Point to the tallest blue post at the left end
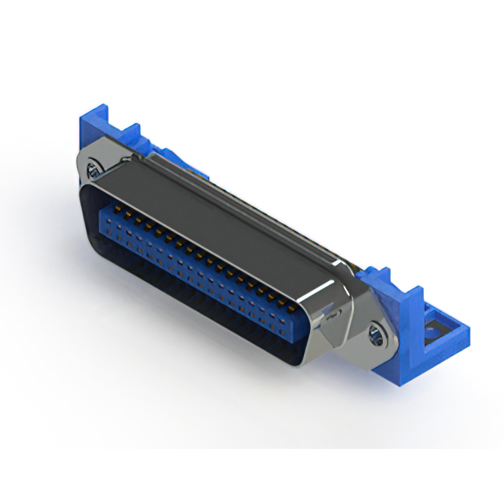pyautogui.click(x=92, y=126)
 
